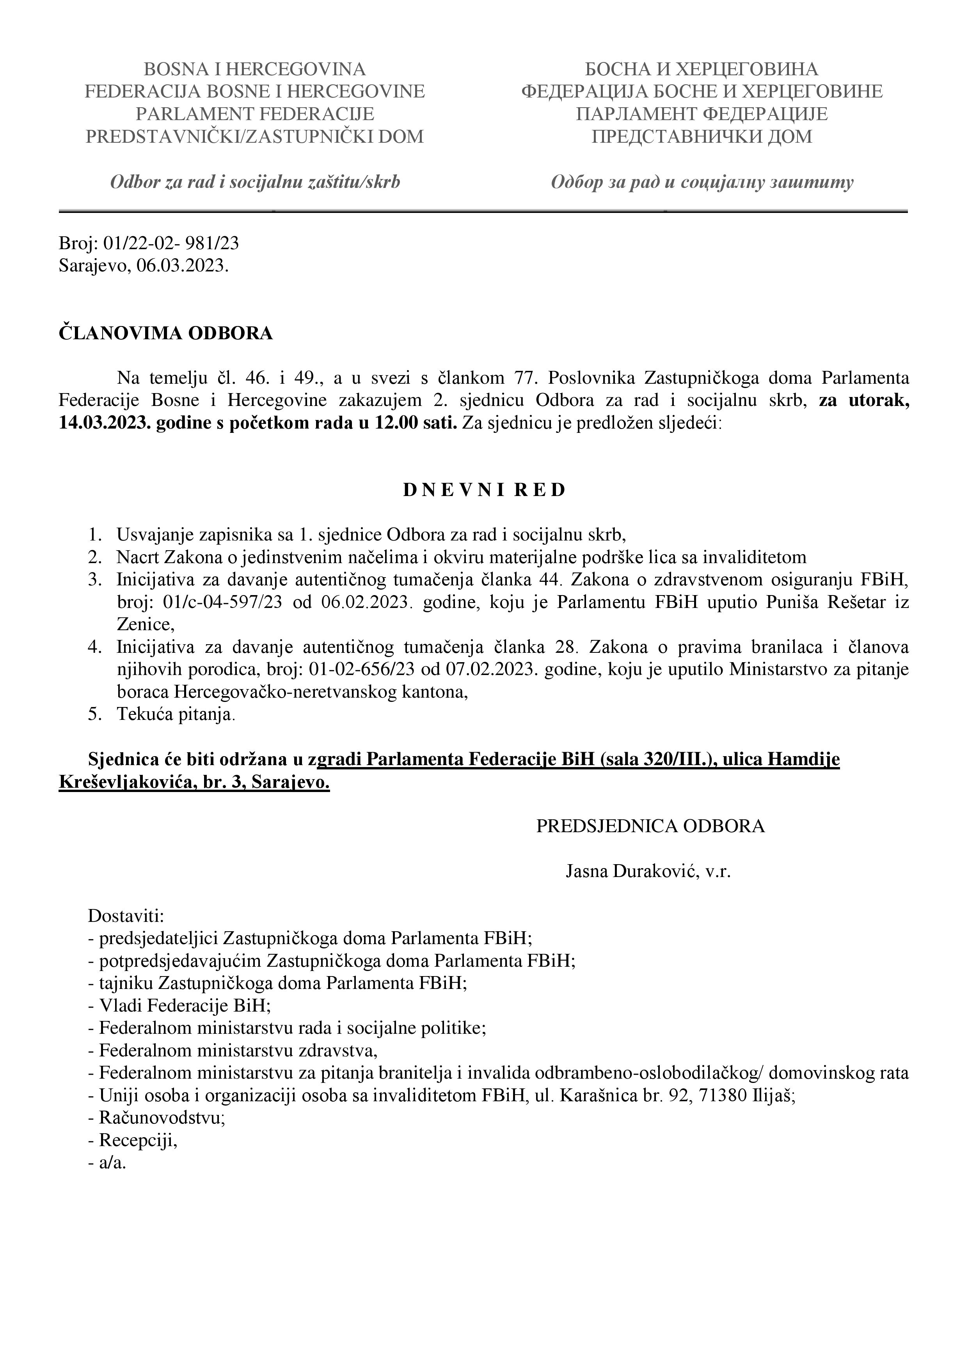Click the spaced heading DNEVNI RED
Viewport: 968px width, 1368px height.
click(x=484, y=490)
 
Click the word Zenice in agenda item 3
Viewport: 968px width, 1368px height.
click(x=144, y=625)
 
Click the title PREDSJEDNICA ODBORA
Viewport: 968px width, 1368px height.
click(x=650, y=826)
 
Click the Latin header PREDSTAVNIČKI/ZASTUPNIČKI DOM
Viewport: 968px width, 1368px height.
click(x=254, y=137)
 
